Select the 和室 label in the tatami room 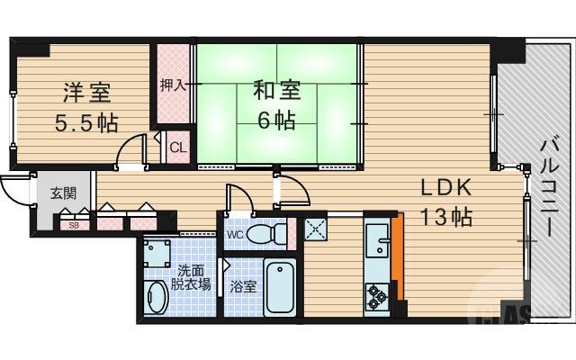coord(277,92)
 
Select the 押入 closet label coord(173,86)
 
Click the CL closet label coord(177,148)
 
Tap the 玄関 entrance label coord(63,192)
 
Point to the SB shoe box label coord(74,225)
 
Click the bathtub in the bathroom coord(283,286)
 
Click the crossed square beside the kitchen coord(316,229)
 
